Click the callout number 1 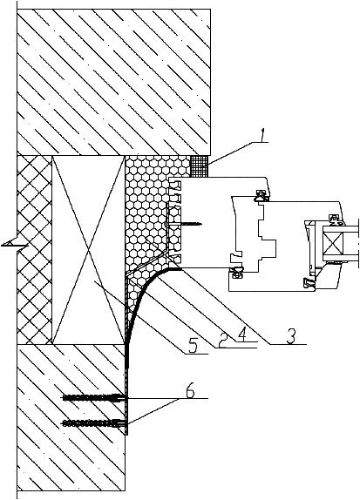coord(262,136)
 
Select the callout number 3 coord(291,336)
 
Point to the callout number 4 coord(242,334)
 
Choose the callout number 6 coord(190,391)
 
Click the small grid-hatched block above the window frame coord(200,166)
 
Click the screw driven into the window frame coord(184,224)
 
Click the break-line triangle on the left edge coord(14,243)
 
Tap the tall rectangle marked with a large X coord(88,250)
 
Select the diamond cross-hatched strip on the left coord(34,250)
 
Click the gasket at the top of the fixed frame coord(261,196)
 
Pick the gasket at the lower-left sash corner coord(236,273)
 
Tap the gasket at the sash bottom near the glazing coord(309,283)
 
